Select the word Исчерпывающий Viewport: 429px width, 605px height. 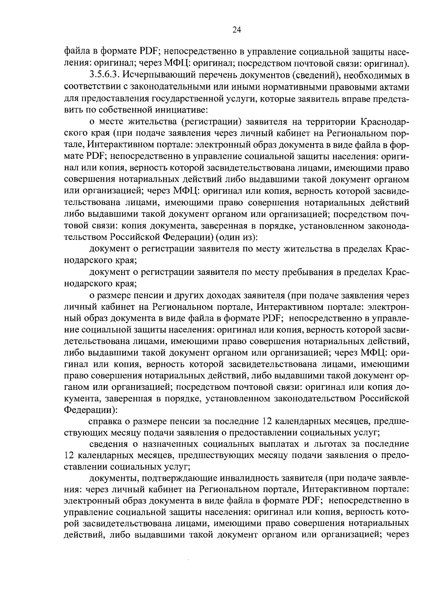(x=157, y=76)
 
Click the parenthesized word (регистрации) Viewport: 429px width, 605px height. (x=210, y=122)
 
